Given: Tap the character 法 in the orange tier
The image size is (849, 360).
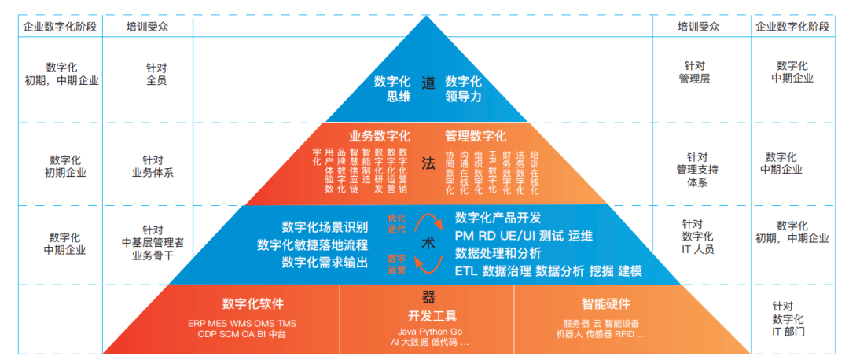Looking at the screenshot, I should pos(428,163).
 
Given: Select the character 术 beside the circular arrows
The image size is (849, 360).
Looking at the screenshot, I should pos(428,243).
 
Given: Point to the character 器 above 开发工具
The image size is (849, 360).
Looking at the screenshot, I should pos(428,297).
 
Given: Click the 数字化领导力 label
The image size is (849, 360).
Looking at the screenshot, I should pos(464,89).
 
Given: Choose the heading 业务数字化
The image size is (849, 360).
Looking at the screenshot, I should pos(380,136).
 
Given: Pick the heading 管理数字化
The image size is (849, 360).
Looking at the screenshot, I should pos(476,136).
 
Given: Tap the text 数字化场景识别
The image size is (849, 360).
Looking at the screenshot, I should pos(325,227).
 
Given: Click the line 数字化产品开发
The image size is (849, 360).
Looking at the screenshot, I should pos(498,218).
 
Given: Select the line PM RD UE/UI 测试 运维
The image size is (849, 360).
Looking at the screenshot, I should pos(524,236).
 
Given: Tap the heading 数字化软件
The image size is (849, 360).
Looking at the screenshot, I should pos(252,304).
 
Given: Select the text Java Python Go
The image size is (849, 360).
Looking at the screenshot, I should pos(429,332).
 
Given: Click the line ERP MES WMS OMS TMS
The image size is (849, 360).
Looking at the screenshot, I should pos(242,323).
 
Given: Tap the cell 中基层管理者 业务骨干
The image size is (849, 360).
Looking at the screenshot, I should pos(153,242).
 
